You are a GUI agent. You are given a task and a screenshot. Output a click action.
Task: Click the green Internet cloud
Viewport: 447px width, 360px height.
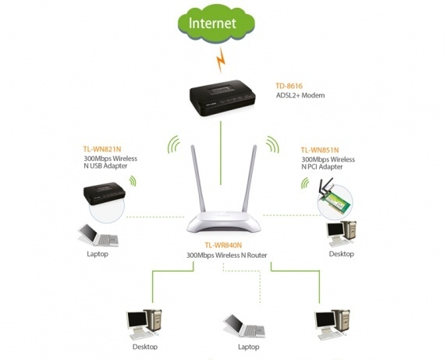pyautogui.click(x=216, y=23)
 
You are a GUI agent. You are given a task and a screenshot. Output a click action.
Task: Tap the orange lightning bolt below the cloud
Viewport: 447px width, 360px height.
pyautogui.click(x=221, y=60)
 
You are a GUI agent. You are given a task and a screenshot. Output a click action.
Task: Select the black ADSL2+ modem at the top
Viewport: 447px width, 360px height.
pyautogui.click(x=222, y=98)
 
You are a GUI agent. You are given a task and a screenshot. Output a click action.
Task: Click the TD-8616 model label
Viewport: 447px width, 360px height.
pyautogui.click(x=289, y=86)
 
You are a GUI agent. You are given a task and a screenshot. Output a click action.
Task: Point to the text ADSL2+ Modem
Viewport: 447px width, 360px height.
pyautogui.click(x=300, y=95)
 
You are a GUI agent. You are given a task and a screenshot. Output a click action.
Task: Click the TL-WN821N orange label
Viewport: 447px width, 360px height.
pyautogui.click(x=102, y=149)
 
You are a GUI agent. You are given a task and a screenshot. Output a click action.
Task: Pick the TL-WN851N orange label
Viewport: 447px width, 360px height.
pyautogui.click(x=320, y=150)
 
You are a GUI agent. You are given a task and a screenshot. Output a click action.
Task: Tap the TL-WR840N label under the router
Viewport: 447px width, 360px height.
pyautogui.click(x=223, y=245)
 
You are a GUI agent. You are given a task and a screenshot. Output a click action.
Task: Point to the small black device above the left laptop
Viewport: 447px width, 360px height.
pyautogui.click(x=105, y=193)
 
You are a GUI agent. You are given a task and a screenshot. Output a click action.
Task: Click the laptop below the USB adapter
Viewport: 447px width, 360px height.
pyautogui.click(x=98, y=235)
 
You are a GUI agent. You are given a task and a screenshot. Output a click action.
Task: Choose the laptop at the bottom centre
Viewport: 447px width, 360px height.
pyautogui.click(x=244, y=326)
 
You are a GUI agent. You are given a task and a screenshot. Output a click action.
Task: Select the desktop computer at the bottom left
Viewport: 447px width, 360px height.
pyautogui.click(x=144, y=324)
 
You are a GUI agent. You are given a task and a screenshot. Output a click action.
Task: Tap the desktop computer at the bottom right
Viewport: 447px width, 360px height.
pyautogui.click(x=332, y=324)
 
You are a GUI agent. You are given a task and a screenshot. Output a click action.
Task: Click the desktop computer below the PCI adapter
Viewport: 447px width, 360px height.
pyautogui.click(x=341, y=233)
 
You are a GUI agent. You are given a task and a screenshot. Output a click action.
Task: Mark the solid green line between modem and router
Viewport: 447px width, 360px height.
pyautogui.click(x=221, y=153)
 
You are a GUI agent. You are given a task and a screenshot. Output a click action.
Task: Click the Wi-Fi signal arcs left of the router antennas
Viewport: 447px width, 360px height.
pyautogui.click(x=173, y=144)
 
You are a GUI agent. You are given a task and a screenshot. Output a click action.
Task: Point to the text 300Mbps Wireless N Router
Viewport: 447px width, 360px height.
pyautogui.click(x=227, y=255)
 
